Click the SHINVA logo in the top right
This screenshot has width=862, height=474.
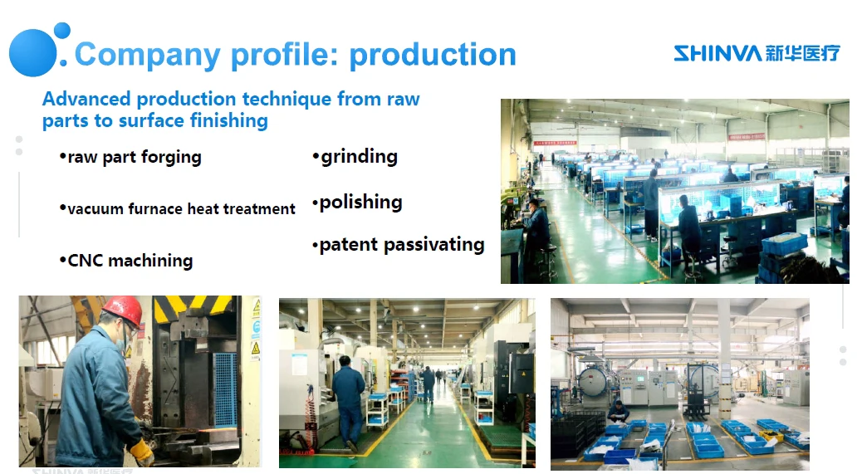[x=757, y=53]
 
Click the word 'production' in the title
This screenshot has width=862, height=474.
[x=433, y=56]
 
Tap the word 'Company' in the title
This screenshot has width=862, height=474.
[x=147, y=56]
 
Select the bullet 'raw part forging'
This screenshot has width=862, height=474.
[x=130, y=157]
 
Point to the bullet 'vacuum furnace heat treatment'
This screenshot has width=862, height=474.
[x=177, y=208]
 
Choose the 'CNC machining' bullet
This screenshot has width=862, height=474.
[x=126, y=261]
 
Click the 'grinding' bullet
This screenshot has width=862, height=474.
[x=355, y=157]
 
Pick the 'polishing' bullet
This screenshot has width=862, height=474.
[x=357, y=203]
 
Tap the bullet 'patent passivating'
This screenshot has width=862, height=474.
[x=398, y=244]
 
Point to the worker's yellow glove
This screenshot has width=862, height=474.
[x=142, y=452]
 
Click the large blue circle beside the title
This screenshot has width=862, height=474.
[x=33, y=53]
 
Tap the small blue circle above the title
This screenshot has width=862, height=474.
[x=62, y=30]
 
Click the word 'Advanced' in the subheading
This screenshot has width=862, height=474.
[x=86, y=99]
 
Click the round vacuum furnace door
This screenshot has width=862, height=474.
[x=593, y=381]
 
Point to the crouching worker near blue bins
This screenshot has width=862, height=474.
[x=619, y=412]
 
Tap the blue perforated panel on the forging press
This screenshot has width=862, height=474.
[x=225, y=389]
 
